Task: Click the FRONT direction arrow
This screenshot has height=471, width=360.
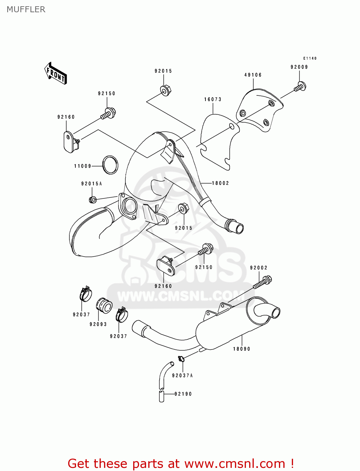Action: [x=56, y=73]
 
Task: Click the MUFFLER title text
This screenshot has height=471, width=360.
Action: [x=26, y=9]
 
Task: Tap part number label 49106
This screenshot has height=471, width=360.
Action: [x=253, y=75]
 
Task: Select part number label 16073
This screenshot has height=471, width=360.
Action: [x=213, y=100]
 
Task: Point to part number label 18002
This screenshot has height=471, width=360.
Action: [x=221, y=183]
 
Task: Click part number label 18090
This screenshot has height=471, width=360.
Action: [x=242, y=349]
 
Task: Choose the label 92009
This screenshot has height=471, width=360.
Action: [x=299, y=67]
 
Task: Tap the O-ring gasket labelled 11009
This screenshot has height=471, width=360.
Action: [x=110, y=165]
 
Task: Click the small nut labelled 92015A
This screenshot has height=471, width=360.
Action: [x=93, y=199]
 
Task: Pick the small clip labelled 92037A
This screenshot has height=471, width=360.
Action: [x=181, y=359]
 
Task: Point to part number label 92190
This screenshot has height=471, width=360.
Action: [x=183, y=394]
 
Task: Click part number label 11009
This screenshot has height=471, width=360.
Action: [x=83, y=166]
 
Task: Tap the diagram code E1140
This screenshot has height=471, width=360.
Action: [x=310, y=58]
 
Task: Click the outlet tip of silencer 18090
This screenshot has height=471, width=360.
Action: [x=275, y=313]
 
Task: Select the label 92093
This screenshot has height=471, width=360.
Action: [x=98, y=324]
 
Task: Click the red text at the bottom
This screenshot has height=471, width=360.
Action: [x=181, y=463]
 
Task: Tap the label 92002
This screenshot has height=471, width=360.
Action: [x=259, y=268]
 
